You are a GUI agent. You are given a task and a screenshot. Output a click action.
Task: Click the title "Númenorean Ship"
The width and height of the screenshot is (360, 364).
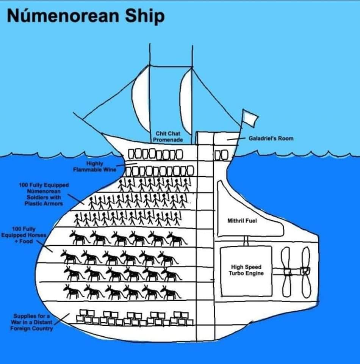[x=86, y=16]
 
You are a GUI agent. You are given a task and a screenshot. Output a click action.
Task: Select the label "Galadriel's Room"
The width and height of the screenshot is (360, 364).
[x=271, y=138]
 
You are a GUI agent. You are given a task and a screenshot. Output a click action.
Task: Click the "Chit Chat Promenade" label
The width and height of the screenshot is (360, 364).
[x=168, y=137]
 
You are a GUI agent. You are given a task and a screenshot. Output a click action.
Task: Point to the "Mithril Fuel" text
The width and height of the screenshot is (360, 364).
[x=242, y=220]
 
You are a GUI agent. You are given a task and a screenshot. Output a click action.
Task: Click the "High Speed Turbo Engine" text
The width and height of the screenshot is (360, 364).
[x=246, y=270]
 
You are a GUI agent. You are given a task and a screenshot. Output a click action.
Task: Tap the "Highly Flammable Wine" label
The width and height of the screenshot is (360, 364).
[x=95, y=166]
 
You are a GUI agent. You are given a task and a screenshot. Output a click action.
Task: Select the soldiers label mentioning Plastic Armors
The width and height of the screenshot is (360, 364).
[x=44, y=194]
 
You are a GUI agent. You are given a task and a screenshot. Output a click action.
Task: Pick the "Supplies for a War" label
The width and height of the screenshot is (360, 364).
[x=32, y=322]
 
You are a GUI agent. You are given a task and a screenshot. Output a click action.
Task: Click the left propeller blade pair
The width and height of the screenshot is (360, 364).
[x=287, y=272]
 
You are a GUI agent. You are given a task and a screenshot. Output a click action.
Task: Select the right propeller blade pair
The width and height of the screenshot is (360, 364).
[x=305, y=272]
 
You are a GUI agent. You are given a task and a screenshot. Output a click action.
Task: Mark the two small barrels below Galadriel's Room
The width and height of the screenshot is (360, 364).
[x=221, y=155]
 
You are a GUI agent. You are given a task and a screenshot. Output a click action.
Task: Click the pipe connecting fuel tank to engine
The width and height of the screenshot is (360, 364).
[x=246, y=241]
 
